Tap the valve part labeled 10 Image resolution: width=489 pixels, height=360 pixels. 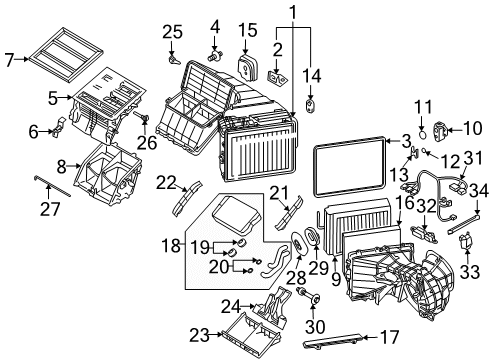click(446, 128)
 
